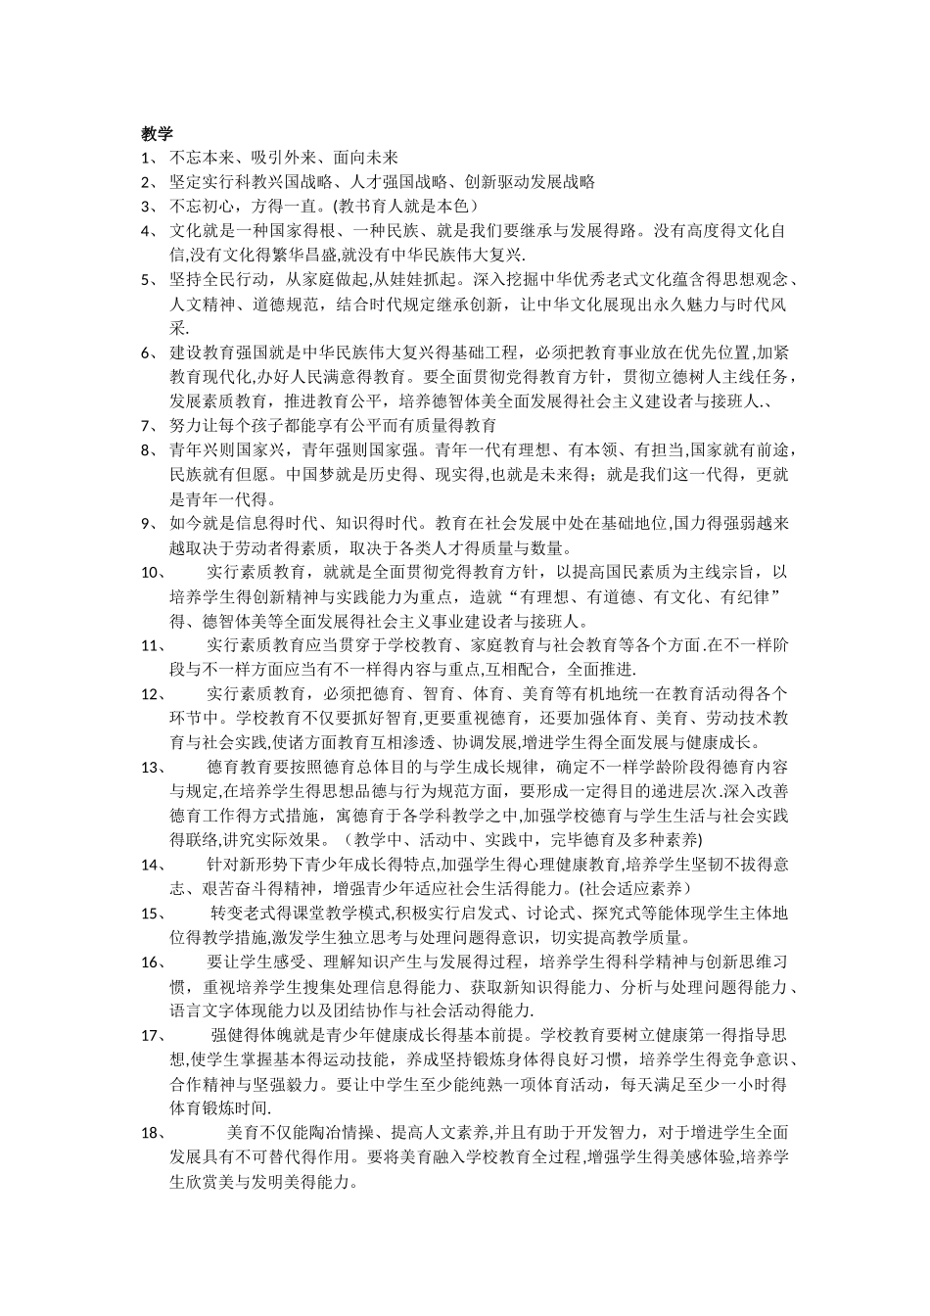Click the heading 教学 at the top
click(157, 133)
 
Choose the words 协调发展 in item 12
click(485, 742)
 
